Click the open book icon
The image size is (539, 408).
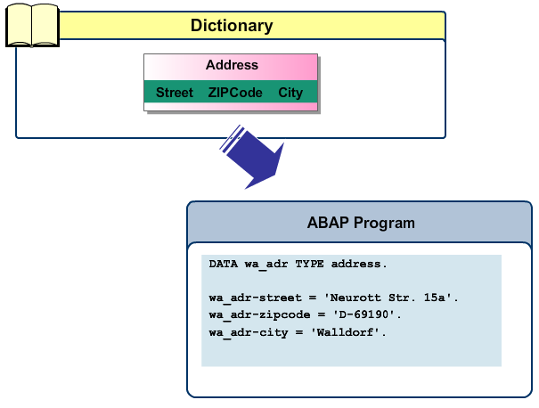pos(32,26)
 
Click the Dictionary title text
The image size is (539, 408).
pos(231,26)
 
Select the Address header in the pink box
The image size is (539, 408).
pos(232,65)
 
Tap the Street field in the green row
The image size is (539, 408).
pos(175,93)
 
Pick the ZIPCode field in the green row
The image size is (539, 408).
pos(235,93)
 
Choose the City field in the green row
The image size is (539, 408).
pos(290,93)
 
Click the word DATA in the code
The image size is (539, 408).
pos(224,265)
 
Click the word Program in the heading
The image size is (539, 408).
pos(385,223)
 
